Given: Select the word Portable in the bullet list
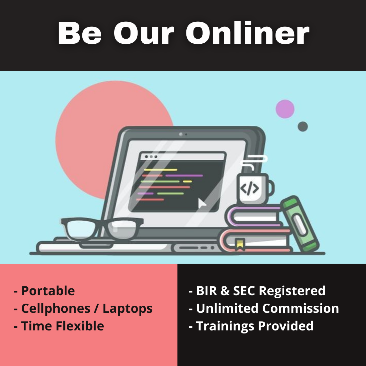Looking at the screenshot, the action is (48, 291).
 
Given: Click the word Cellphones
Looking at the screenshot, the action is (56, 309).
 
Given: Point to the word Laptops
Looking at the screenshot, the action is (127, 309).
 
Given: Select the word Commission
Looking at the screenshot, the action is (301, 308).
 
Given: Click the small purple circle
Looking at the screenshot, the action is (285, 109).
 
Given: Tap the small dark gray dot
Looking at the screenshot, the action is (303, 126).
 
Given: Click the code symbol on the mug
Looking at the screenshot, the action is (249, 188).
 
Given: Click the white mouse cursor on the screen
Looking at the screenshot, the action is (202, 203).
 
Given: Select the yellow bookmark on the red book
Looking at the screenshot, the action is (240, 244).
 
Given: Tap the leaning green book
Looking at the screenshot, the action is (300, 224).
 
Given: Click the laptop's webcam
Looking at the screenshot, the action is (181, 134).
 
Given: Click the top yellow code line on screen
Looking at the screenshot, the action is (161, 170).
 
